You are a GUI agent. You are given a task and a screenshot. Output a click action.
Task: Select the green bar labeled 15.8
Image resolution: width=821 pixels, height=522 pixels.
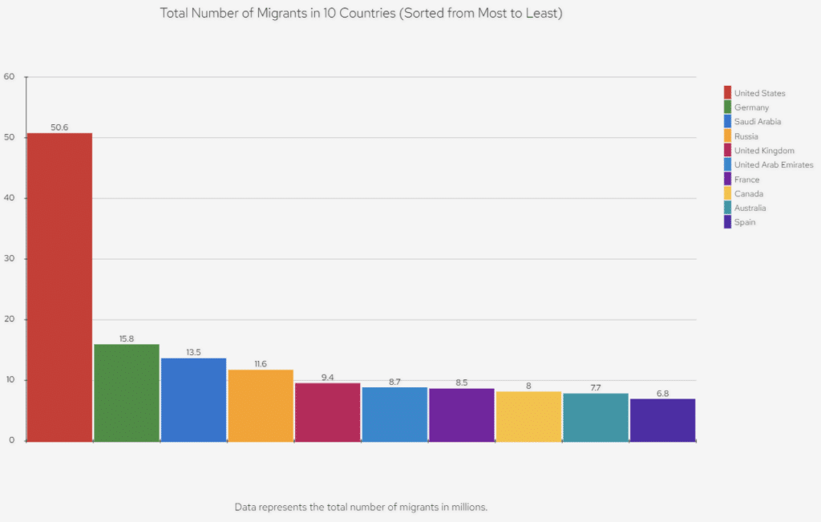(127, 392)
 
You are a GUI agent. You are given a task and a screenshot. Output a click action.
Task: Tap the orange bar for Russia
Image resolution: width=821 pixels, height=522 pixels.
(261, 405)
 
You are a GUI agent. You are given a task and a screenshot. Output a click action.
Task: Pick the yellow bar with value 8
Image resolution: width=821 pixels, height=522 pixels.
(528, 416)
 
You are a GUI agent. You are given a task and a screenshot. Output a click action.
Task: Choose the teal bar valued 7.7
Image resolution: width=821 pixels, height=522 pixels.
(596, 417)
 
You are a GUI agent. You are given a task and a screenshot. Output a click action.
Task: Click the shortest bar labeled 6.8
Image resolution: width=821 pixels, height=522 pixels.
(662, 419)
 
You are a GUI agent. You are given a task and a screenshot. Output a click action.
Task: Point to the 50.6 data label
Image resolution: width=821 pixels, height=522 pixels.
(59, 127)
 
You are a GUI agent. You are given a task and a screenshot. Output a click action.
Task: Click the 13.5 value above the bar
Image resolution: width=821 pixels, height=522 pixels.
(193, 352)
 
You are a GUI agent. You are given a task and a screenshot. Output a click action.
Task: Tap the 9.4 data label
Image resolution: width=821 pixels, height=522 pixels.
(327, 377)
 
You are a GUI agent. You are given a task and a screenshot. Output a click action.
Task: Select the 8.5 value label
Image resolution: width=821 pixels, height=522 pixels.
(461, 382)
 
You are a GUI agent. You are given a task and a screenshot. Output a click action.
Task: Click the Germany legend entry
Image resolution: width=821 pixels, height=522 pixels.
(751, 107)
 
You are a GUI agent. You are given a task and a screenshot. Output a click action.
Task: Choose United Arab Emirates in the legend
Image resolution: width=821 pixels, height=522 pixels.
(773, 165)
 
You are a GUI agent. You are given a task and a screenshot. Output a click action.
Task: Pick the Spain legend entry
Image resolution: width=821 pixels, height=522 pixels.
(744, 223)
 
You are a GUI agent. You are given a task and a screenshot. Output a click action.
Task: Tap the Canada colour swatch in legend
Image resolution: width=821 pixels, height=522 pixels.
(727, 194)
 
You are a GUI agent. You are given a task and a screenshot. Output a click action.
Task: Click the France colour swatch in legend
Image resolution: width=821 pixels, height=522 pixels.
(727, 180)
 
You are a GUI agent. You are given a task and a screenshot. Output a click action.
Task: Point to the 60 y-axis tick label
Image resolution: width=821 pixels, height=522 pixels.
(10, 77)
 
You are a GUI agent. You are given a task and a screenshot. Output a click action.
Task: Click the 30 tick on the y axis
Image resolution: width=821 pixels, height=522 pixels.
(10, 259)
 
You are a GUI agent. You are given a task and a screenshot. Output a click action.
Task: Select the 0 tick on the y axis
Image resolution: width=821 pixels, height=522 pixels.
(12, 440)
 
